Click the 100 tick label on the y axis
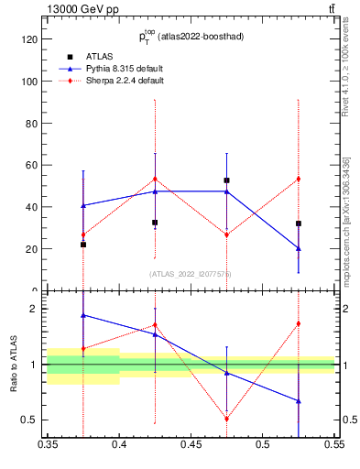(x=29, y=82)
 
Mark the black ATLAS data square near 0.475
(x=226, y=180)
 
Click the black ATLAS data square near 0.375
(x=83, y=245)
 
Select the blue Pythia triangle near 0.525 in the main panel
(x=298, y=248)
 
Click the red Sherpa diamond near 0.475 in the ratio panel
(x=226, y=419)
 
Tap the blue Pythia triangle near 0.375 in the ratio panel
(x=83, y=315)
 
